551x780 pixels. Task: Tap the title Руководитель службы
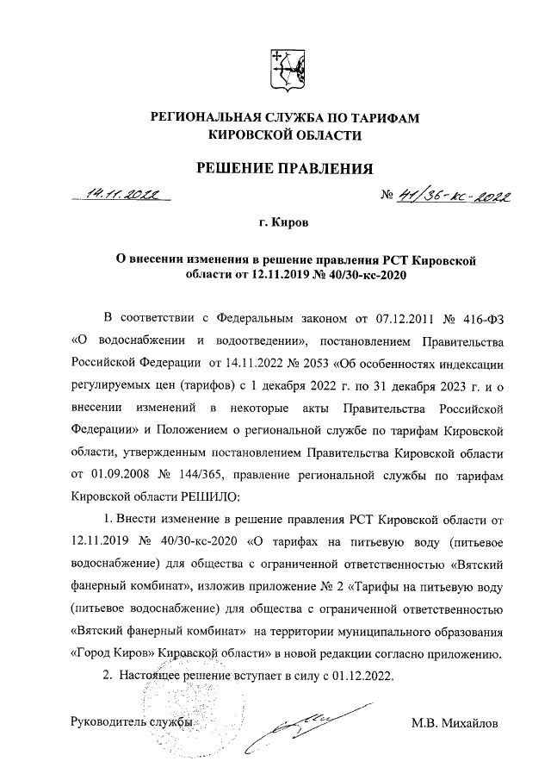(x=130, y=721)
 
